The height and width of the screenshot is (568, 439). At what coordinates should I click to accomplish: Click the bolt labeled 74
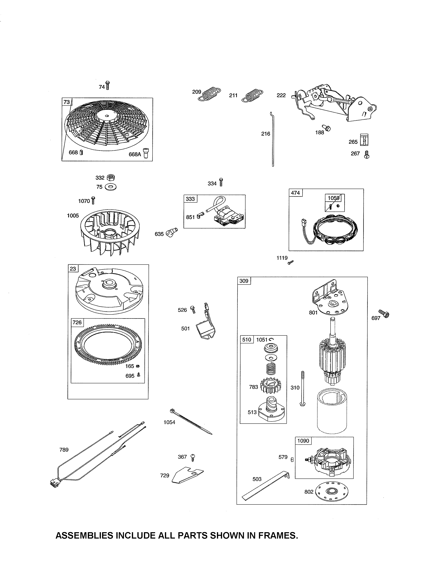pyautogui.click(x=108, y=85)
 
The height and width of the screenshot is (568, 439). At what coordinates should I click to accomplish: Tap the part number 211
pyautogui.click(x=233, y=96)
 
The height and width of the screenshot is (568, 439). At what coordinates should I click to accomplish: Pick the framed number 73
pyautogui.click(x=67, y=102)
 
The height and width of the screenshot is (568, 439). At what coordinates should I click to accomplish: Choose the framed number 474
pyautogui.click(x=295, y=193)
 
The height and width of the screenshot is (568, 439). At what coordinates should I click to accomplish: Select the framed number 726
pyautogui.click(x=77, y=323)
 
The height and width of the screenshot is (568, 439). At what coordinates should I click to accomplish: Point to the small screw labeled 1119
pyautogui.click(x=290, y=263)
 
